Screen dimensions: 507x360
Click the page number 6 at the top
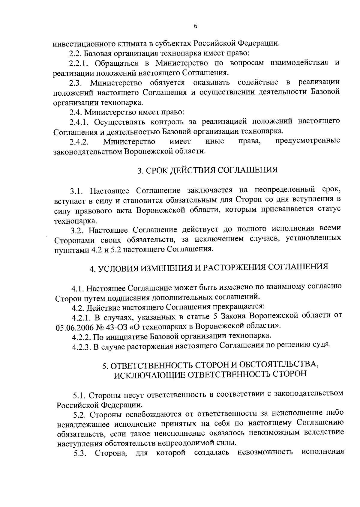[x=196, y=26]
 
